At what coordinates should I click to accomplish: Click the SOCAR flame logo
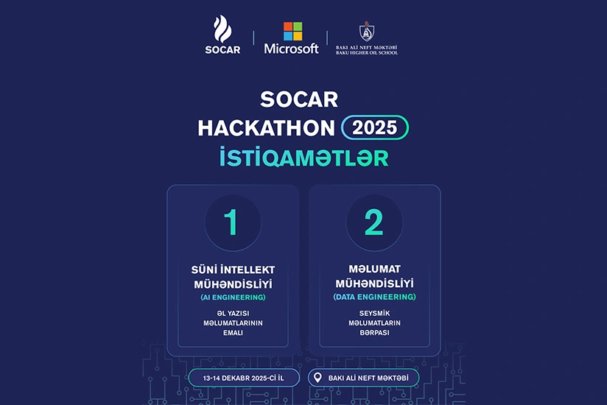(x=222, y=30)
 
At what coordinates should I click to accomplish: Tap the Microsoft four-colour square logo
(x=292, y=31)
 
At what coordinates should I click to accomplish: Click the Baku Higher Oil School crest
(x=366, y=32)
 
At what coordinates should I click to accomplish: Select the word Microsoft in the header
(x=292, y=49)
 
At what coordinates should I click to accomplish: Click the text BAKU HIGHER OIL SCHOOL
(x=366, y=53)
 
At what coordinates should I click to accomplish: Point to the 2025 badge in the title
(x=375, y=127)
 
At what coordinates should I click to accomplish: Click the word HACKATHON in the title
(x=266, y=127)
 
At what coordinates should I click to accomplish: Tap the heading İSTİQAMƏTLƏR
(x=303, y=158)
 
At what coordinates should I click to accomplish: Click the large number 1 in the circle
(x=232, y=222)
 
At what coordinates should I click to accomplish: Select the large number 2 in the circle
(x=374, y=222)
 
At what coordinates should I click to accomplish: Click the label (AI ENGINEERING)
(x=233, y=297)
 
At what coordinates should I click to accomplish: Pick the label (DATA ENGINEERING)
(x=374, y=297)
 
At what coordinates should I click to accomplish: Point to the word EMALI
(x=233, y=333)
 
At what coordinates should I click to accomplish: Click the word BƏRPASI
(x=374, y=332)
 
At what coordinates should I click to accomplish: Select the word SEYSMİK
(x=374, y=312)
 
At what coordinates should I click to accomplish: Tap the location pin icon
(x=317, y=378)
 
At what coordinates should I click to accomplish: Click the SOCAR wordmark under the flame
(x=222, y=50)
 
